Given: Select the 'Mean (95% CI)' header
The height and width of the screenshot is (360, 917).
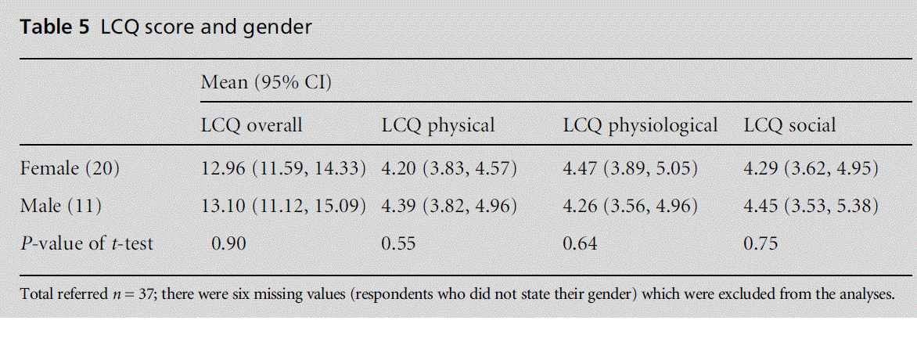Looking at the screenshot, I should pos(267,82).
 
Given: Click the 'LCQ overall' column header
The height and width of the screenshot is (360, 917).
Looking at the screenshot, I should pos(251,125).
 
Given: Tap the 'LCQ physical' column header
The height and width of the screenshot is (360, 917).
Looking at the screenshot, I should pos(438,125).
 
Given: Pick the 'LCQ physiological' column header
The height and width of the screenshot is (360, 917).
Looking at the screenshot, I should pos(641,125).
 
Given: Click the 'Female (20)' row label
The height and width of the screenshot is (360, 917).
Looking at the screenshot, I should pos(70,168).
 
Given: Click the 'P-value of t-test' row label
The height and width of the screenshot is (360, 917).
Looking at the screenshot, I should pos(86,243).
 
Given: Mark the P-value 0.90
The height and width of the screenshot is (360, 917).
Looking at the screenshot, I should pos(228,243).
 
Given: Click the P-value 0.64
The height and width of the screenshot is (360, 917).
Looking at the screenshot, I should pos(580,243).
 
